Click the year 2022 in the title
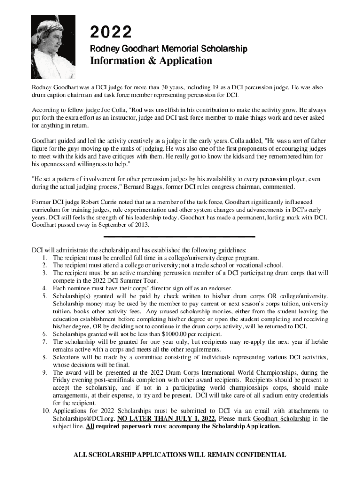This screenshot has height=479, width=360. pyautogui.click(x=111, y=33)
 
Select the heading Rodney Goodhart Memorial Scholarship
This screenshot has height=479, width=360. pyautogui.click(x=168, y=49)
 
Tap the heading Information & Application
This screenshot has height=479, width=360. pyautogui.click(x=151, y=61)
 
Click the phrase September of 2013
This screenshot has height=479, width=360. pyautogui.click(x=123, y=225)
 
